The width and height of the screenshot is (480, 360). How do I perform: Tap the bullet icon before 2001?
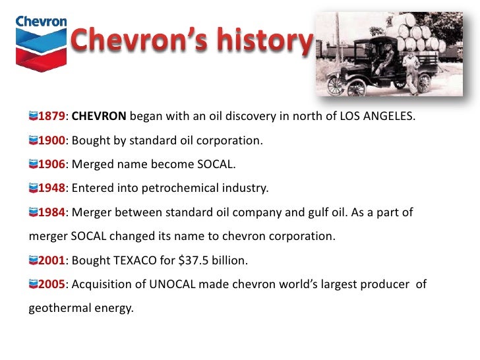[34, 260]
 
